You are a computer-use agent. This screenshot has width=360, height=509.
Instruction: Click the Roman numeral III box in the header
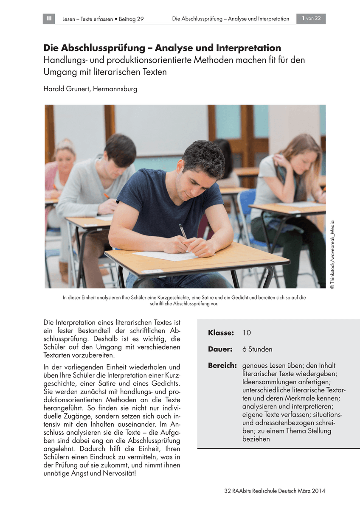(x=49, y=19)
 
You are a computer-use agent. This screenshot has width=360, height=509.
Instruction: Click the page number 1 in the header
(x=304, y=19)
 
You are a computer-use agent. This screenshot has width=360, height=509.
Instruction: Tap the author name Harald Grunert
(x=68, y=89)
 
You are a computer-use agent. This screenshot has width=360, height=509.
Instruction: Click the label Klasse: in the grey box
(x=221, y=333)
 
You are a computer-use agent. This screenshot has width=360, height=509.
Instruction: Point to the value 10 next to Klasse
(x=247, y=333)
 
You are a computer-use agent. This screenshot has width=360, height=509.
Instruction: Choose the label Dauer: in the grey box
(x=220, y=349)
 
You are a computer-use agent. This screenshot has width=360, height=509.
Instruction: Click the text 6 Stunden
(x=257, y=349)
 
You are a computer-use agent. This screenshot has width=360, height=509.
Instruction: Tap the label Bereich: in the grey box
(x=222, y=365)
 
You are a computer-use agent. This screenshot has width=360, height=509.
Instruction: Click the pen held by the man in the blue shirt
(x=183, y=231)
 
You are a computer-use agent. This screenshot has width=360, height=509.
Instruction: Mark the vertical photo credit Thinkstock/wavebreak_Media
(x=332, y=255)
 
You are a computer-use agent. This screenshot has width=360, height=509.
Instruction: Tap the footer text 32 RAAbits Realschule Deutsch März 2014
(x=274, y=491)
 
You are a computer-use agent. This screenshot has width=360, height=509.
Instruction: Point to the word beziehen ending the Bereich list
(x=256, y=439)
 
